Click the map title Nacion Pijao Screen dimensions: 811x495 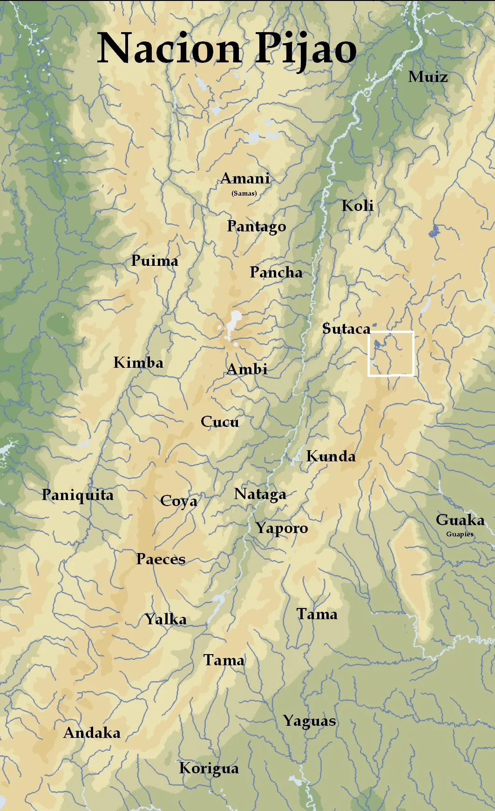coord(227,49)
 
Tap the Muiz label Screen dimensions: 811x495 coord(427,77)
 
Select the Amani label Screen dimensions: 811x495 coord(245,179)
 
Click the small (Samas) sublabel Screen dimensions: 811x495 coord(244,193)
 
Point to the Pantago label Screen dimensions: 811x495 coord(256,227)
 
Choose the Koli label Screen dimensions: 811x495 coord(357,206)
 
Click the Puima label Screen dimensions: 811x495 coord(154,261)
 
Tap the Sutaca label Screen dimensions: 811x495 coord(346,329)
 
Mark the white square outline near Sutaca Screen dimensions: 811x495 coord(391,332)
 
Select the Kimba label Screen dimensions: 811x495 coord(138,363)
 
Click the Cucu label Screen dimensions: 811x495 coord(220,422)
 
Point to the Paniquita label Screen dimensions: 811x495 coord(77,495)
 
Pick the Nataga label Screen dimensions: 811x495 coord(260,494)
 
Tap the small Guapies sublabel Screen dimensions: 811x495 coord(459,534)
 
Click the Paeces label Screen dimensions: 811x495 coord(161,559)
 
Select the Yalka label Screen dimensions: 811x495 coord(165,619)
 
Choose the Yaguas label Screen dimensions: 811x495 coord(309,721)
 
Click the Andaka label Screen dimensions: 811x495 coord(92,733)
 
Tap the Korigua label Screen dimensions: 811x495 coord(209,768)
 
